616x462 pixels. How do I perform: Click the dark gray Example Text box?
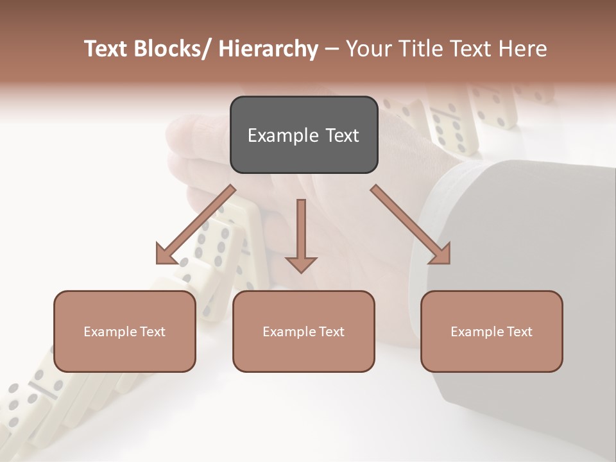[x=304, y=135]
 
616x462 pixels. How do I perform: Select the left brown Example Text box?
[x=124, y=332]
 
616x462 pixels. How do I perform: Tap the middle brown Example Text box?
[x=304, y=332]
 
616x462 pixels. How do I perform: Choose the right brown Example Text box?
[x=492, y=332]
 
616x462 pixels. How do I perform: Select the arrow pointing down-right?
[x=411, y=225]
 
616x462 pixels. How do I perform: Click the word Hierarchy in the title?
[x=268, y=49]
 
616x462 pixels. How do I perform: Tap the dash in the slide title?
[x=332, y=49]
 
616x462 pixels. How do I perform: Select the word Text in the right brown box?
[x=518, y=332]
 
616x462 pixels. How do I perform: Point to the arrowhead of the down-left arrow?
[x=168, y=253]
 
